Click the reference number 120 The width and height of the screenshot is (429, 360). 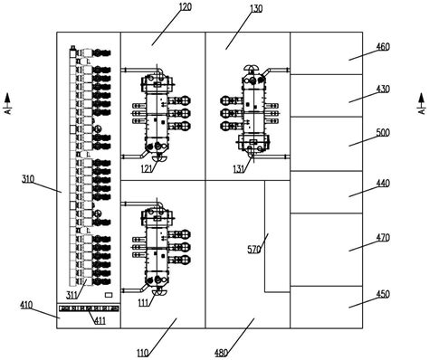[x=186, y=6]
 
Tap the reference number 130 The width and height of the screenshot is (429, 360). [x=256, y=9]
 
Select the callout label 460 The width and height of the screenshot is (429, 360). [x=383, y=47]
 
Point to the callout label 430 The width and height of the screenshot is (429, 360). [x=383, y=89]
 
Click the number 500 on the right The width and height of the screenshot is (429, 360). [x=383, y=133]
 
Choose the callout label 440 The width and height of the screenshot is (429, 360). [x=383, y=184]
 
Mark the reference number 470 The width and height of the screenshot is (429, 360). [x=383, y=238]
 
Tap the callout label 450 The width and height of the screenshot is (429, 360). [x=383, y=294]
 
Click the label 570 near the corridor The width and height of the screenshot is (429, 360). [x=253, y=250]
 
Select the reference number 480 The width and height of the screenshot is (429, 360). [x=221, y=353]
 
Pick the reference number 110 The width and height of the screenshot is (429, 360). [x=142, y=353]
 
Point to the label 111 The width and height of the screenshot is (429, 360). [x=144, y=302]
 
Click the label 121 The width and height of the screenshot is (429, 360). [x=147, y=169]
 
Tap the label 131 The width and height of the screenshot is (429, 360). [x=239, y=169]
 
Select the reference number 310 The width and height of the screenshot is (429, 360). [x=28, y=179]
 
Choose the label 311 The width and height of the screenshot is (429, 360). [x=71, y=295]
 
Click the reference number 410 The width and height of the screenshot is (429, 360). [x=26, y=305]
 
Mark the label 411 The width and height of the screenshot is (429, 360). [x=100, y=320]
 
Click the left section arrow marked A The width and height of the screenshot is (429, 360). [x=8, y=104]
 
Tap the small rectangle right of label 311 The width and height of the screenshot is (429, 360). [x=109, y=295]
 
